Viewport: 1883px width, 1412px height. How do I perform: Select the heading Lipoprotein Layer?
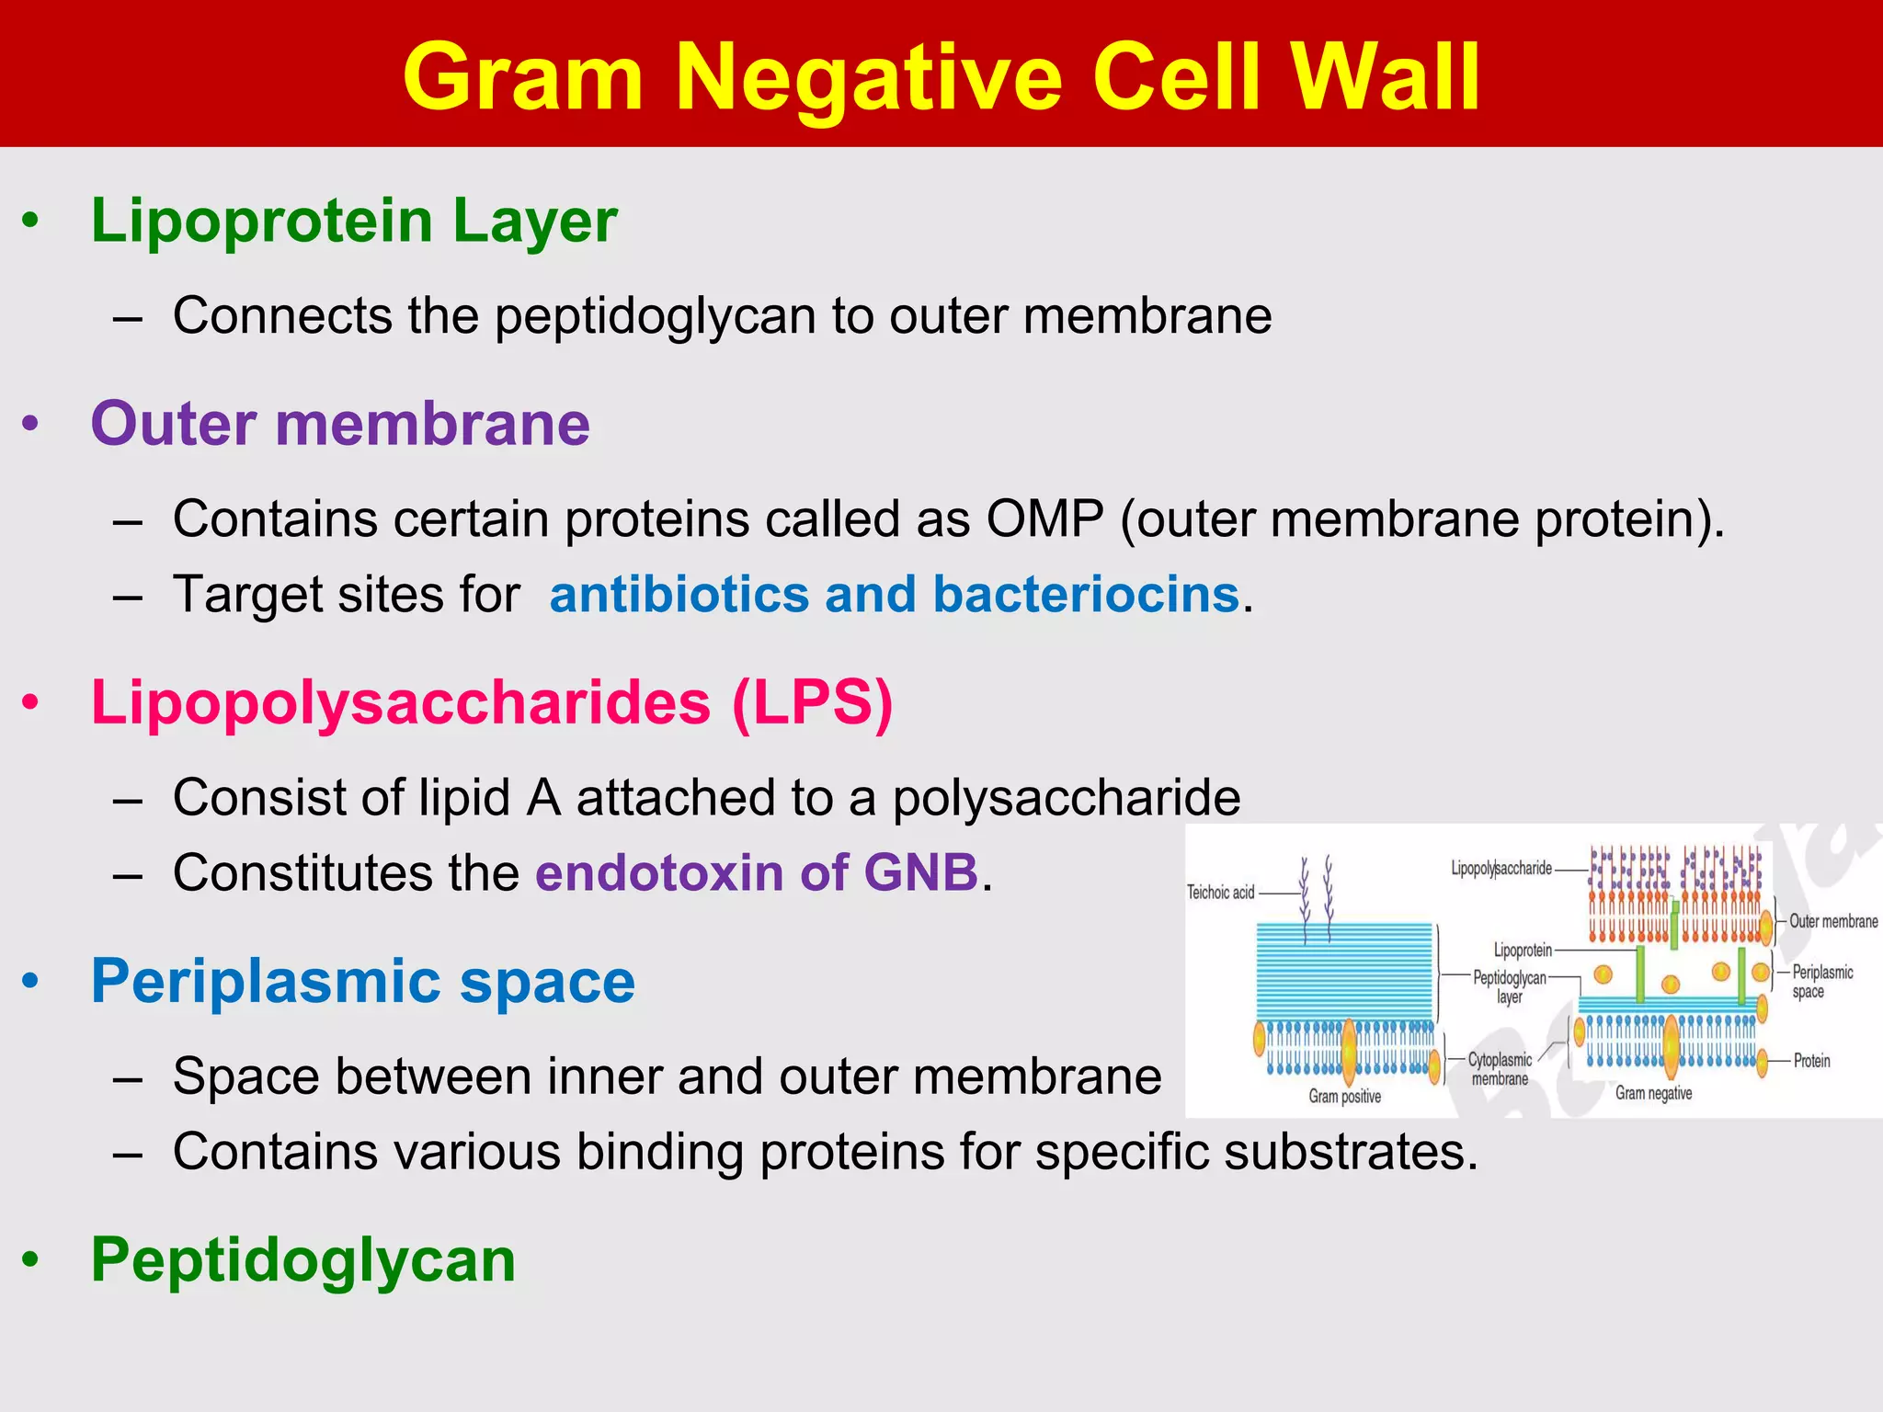(x=354, y=222)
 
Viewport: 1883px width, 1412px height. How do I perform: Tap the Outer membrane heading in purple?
(x=340, y=424)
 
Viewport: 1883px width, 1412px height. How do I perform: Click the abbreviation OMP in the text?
(x=1044, y=518)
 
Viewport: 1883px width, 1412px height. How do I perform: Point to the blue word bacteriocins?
(x=1086, y=594)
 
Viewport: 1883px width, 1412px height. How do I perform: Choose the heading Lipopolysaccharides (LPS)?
(x=492, y=703)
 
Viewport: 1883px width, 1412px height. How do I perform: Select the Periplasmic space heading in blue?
(x=363, y=981)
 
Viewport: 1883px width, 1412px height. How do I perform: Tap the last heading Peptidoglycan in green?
(x=303, y=1259)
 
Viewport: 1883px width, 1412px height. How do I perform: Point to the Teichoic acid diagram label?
(x=1220, y=892)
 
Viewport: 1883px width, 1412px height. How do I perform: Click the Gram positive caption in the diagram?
(x=1344, y=1096)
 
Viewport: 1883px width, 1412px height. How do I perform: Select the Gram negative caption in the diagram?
(x=1653, y=1093)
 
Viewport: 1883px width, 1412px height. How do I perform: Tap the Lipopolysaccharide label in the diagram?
(x=1501, y=868)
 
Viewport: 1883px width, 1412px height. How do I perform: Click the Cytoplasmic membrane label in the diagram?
(x=1500, y=1069)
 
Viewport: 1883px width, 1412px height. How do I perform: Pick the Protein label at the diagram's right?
(x=1811, y=1061)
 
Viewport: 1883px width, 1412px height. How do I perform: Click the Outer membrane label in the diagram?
(x=1832, y=921)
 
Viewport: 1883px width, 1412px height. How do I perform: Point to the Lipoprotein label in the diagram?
(x=1522, y=950)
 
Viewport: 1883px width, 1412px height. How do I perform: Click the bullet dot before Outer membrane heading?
(x=31, y=425)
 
